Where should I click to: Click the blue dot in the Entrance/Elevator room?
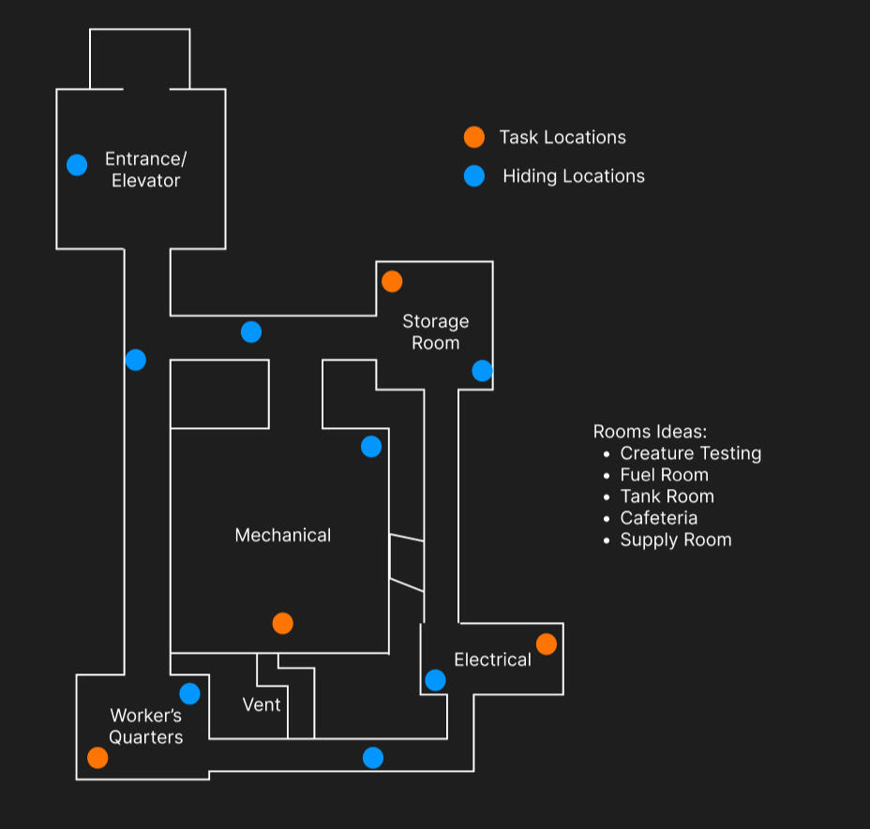click(77, 165)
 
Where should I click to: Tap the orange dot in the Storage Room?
click(392, 282)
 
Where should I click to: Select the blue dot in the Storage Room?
click(482, 371)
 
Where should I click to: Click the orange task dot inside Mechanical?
click(283, 623)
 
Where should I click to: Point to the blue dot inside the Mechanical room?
click(371, 447)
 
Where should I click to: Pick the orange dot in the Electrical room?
click(547, 644)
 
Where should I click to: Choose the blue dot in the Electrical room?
click(436, 680)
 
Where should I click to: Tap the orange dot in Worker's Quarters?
click(97, 758)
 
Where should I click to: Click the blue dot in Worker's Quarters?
click(189, 694)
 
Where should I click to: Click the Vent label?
click(262, 704)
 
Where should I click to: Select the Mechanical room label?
click(283, 535)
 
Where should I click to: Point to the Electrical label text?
click(493, 659)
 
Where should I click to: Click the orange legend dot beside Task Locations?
click(474, 137)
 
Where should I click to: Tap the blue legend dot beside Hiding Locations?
click(474, 176)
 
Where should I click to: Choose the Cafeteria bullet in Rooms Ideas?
click(659, 518)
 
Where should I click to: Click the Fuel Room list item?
click(664, 475)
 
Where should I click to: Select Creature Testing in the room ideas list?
click(691, 453)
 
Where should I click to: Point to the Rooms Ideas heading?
click(651, 432)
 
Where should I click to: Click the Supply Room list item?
click(676, 540)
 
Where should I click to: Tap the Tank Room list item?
click(667, 496)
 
